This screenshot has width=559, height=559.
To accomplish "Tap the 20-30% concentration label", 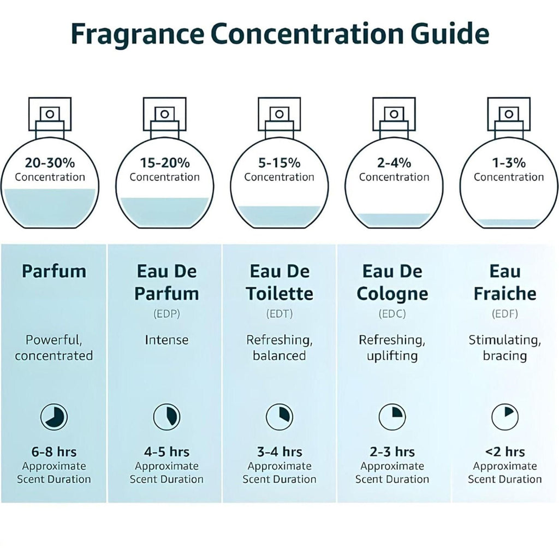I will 50,162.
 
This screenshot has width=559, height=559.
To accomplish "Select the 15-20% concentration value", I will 164,162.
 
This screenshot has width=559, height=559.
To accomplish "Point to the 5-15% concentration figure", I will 279,162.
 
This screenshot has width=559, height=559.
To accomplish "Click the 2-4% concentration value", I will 394,162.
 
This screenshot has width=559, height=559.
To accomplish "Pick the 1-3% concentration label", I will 508,162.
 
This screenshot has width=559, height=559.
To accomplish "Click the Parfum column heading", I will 54,271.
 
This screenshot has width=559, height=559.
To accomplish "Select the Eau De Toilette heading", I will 279,283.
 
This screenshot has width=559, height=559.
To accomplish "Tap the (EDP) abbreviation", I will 166,314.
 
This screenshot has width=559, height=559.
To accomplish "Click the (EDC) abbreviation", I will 392,314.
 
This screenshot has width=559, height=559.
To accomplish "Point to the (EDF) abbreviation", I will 505,314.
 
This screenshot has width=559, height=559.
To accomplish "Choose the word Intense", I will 166,340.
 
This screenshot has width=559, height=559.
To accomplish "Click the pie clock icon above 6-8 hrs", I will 54,418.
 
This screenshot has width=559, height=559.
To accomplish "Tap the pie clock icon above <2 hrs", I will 505,418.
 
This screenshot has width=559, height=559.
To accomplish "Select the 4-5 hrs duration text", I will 166,452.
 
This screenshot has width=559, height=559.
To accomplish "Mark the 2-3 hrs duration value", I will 392,452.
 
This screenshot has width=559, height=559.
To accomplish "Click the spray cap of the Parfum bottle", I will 50,114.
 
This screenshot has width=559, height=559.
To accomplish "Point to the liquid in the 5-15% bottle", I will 279,217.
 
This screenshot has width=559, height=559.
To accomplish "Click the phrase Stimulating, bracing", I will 505,348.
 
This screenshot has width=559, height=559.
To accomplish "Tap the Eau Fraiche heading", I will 505,283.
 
